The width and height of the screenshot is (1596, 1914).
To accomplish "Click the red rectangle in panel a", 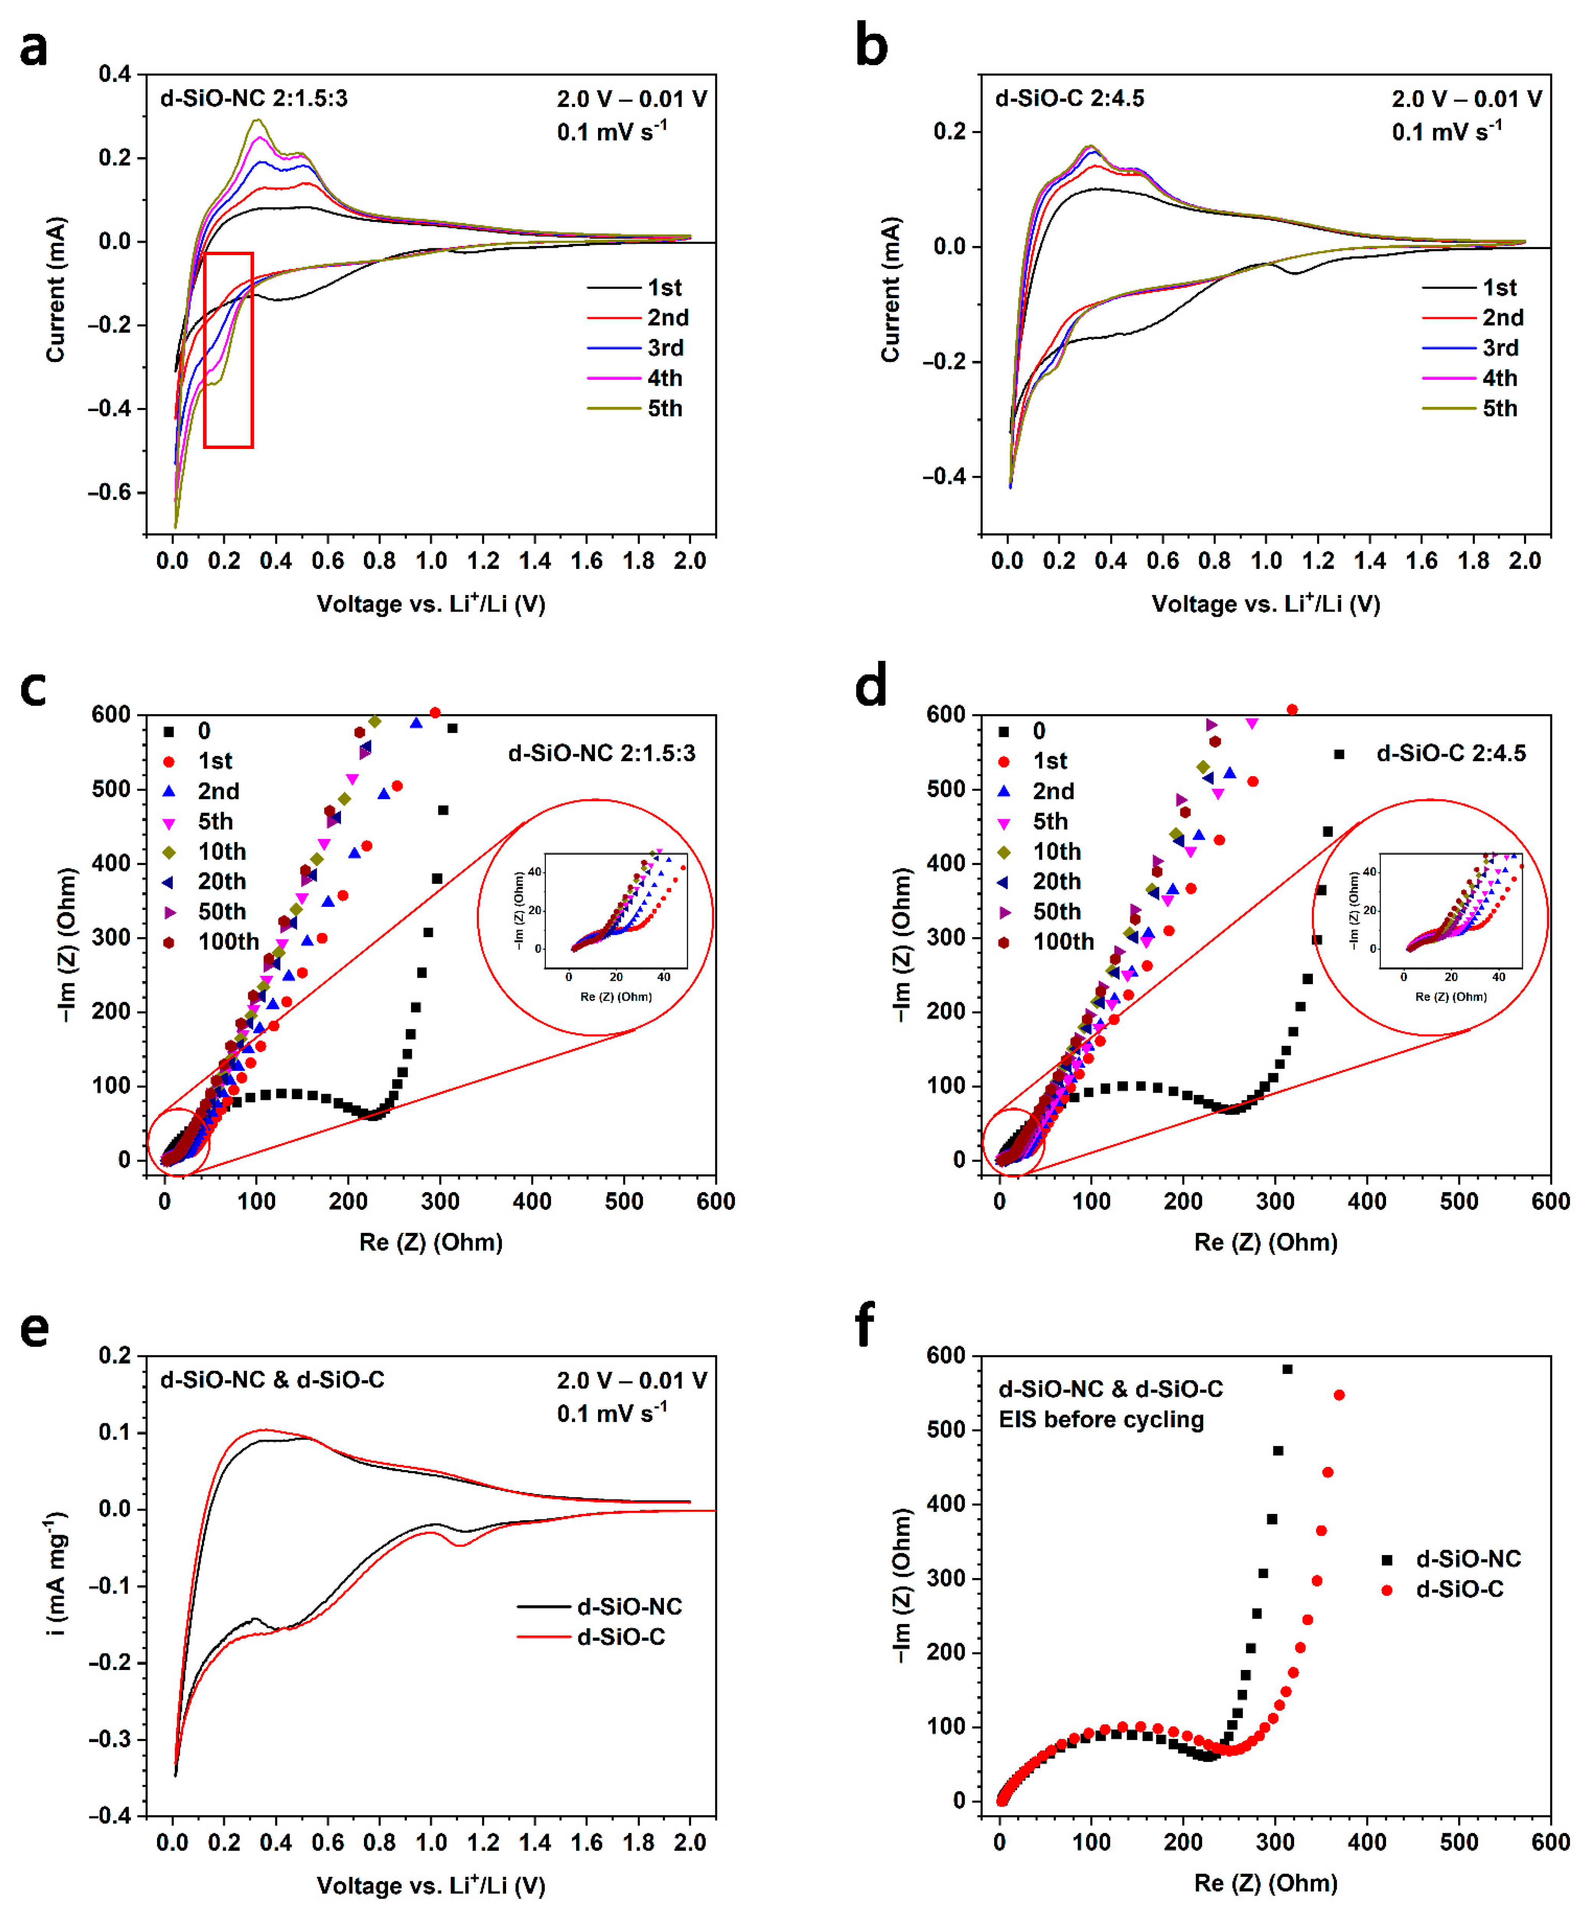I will pyautogui.click(x=228, y=350).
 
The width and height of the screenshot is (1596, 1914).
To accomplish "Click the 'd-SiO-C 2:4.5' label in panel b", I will pyautogui.click(x=1069, y=98).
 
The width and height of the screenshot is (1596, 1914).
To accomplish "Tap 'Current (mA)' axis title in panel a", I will pyautogui.click(x=56, y=290).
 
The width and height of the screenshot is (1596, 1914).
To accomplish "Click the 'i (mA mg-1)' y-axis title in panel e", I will pyautogui.click(x=56, y=1572).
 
